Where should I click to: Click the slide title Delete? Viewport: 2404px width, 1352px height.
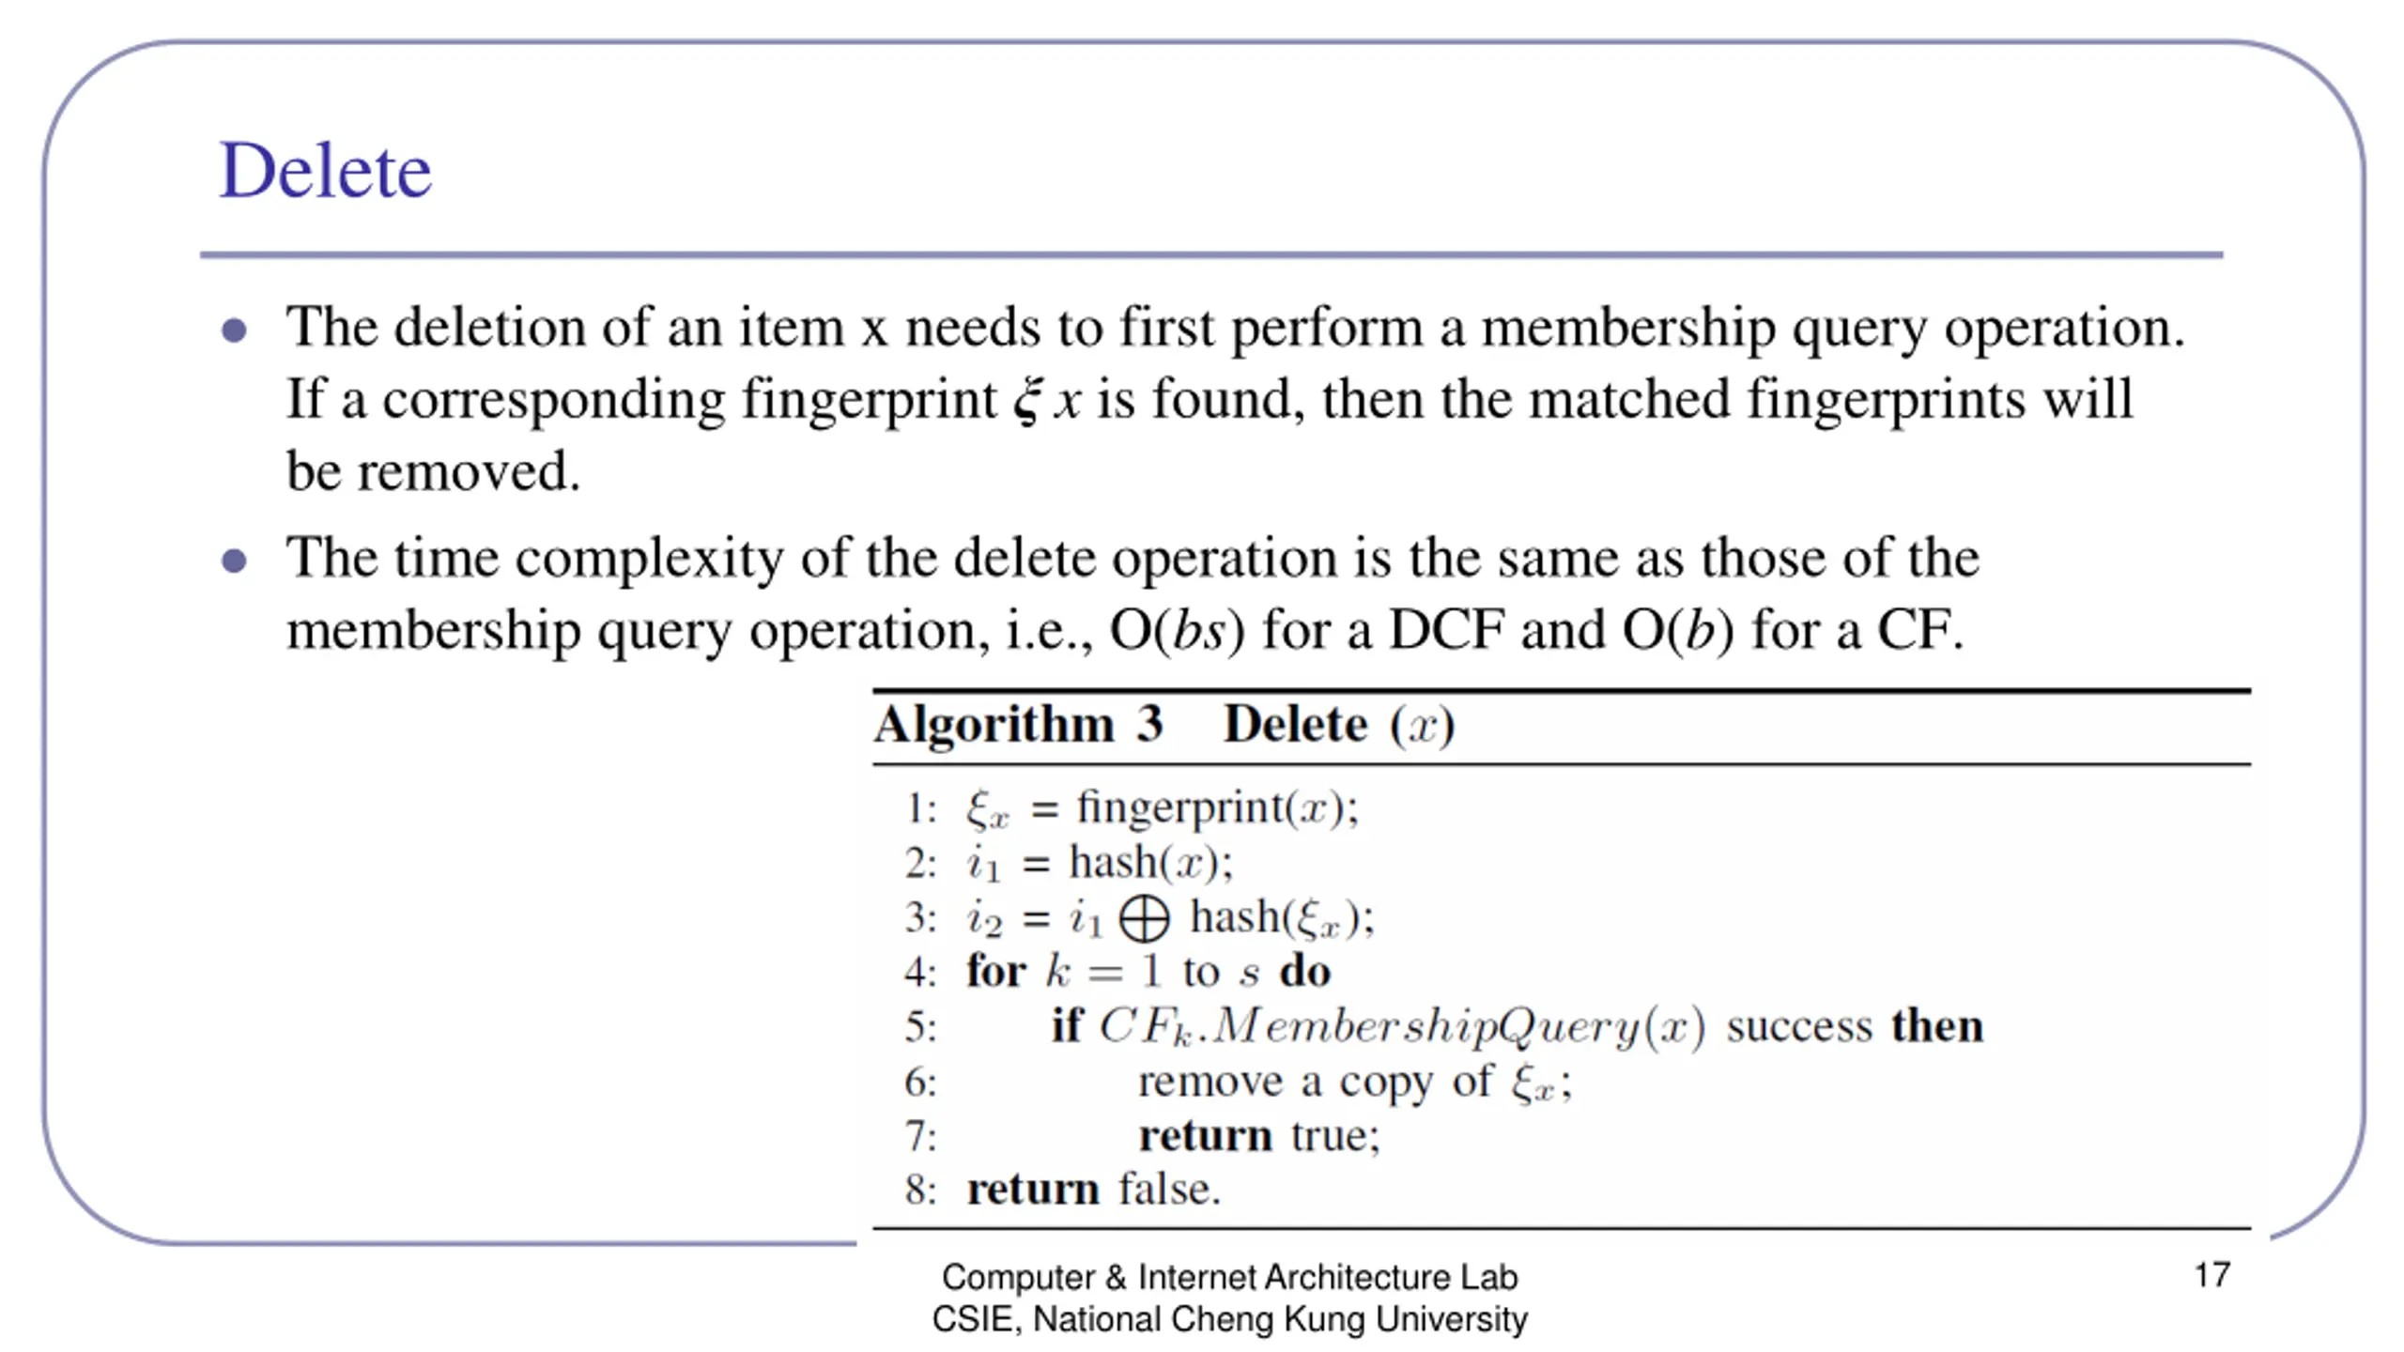click(x=325, y=171)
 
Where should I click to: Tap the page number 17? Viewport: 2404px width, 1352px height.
click(x=2211, y=1275)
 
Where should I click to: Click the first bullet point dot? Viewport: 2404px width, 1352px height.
click(x=234, y=330)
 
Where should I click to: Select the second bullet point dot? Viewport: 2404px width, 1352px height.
click(x=234, y=561)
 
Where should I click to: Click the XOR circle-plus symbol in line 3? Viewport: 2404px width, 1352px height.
click(x=1145, y=918)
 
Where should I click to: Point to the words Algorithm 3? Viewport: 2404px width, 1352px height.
click(x=1019, y=725)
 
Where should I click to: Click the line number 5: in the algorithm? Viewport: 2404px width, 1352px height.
click(x=920, y=1026)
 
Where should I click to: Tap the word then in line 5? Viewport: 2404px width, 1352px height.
click(x=1937, y=1025)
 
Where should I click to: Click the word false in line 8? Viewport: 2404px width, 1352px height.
click(x=1169, y=1190)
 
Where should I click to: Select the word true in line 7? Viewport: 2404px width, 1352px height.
click(x=1334, y=1136)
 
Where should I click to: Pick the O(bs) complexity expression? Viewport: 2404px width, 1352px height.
click(x=1178, y=630)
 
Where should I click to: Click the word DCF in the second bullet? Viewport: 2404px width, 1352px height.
click(x=1446, y=630)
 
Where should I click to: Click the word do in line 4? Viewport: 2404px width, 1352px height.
click(x=1305, y=972)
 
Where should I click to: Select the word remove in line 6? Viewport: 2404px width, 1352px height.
click(x=1210, y=1082)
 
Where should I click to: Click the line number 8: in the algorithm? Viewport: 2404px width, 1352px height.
click(x=920, y=1190)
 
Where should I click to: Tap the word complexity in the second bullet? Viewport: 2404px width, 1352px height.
click(x=649, y=559)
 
